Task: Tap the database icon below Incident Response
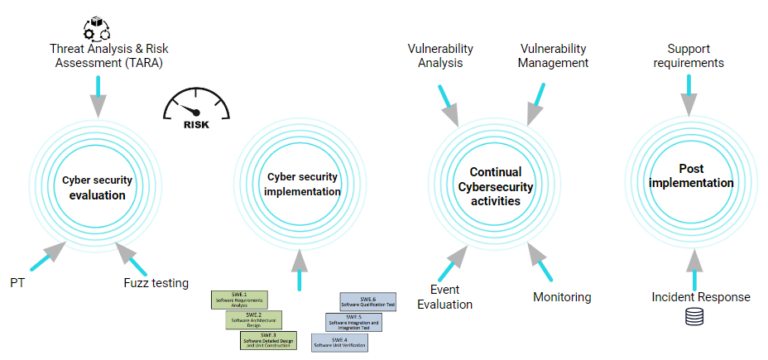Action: click(x=692, y=318)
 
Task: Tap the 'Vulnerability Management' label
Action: click(x=554, y=55)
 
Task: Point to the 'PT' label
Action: click(x=17, y=283)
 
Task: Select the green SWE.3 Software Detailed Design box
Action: click(x=270, y=340)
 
